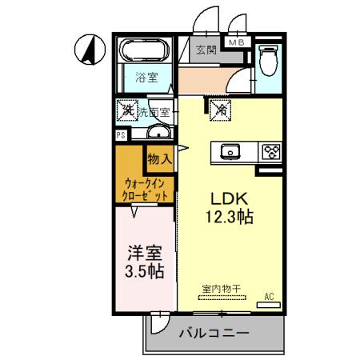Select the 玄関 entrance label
[206, 50]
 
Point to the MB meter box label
[237, 42]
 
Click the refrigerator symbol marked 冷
[218, 110]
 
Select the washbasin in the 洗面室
[159, 133]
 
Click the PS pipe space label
[121, 135]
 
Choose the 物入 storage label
[159, 158]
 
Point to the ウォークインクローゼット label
[145, 189]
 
